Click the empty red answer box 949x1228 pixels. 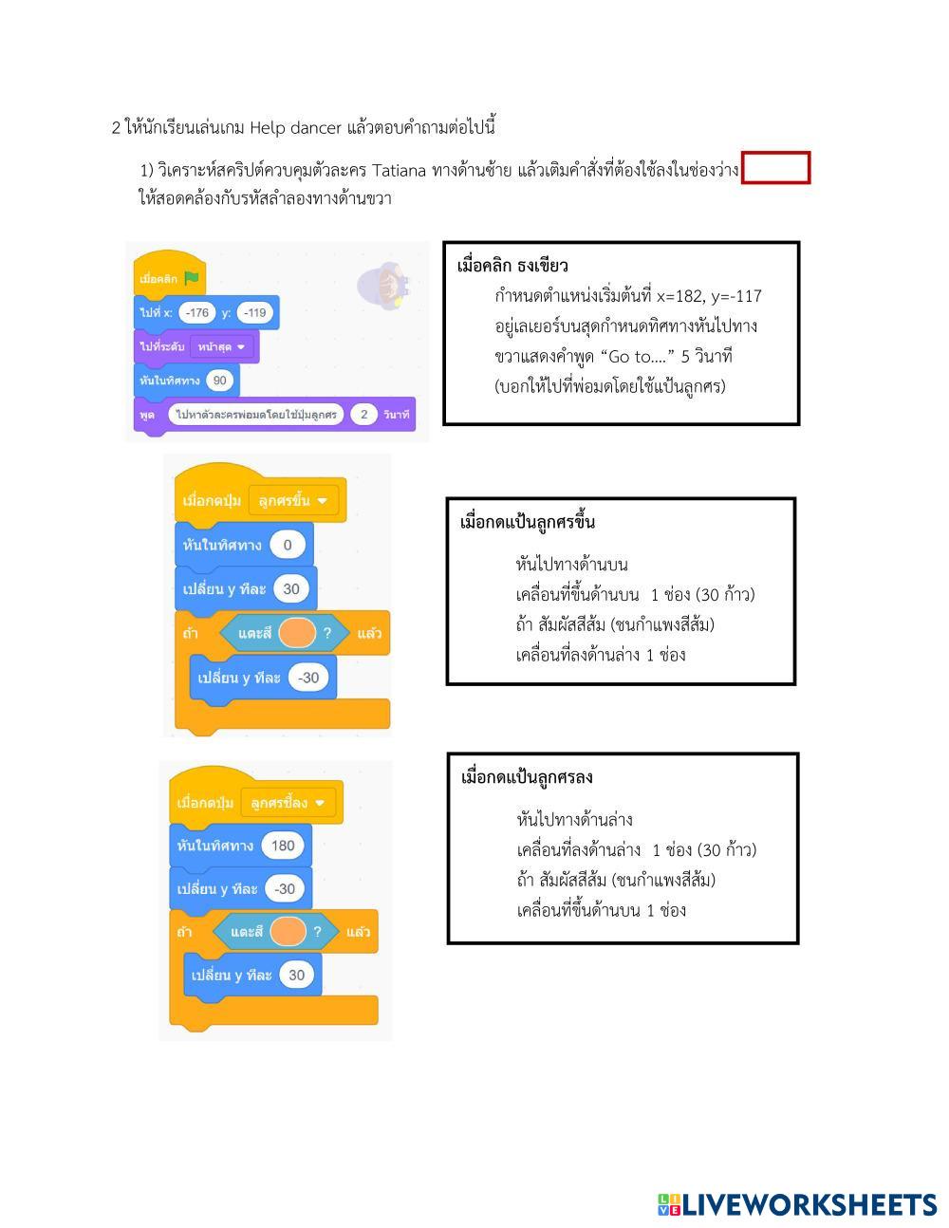(x=775, y=168)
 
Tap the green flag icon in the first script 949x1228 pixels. (x=192, y=278)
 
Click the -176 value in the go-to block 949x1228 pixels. (x=197, y=312)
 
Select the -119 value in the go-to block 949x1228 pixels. (x=254, y=312)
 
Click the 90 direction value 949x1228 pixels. (x=220, y=381)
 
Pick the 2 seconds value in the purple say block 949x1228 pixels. (x=363, y=415)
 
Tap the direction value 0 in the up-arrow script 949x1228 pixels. (x=288, y=545)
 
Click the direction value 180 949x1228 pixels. (x=283, y=846)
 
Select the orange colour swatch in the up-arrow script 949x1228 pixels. (x=296, y=632)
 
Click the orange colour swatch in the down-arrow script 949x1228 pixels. (x=288, y=931)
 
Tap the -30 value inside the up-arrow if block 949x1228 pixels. (x=308, y=678)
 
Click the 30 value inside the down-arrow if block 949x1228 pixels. (x=296, y=975)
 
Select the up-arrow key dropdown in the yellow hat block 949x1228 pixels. (x=293, y=500)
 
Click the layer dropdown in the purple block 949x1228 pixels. (x=221, y=346)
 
